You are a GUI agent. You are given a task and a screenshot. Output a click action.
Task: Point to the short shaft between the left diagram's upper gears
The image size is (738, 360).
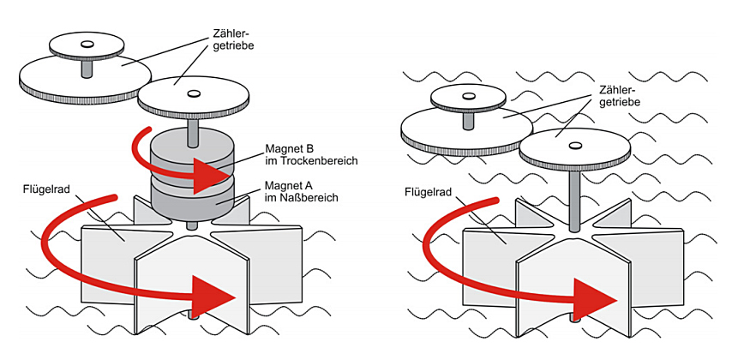tap(86, 67)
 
